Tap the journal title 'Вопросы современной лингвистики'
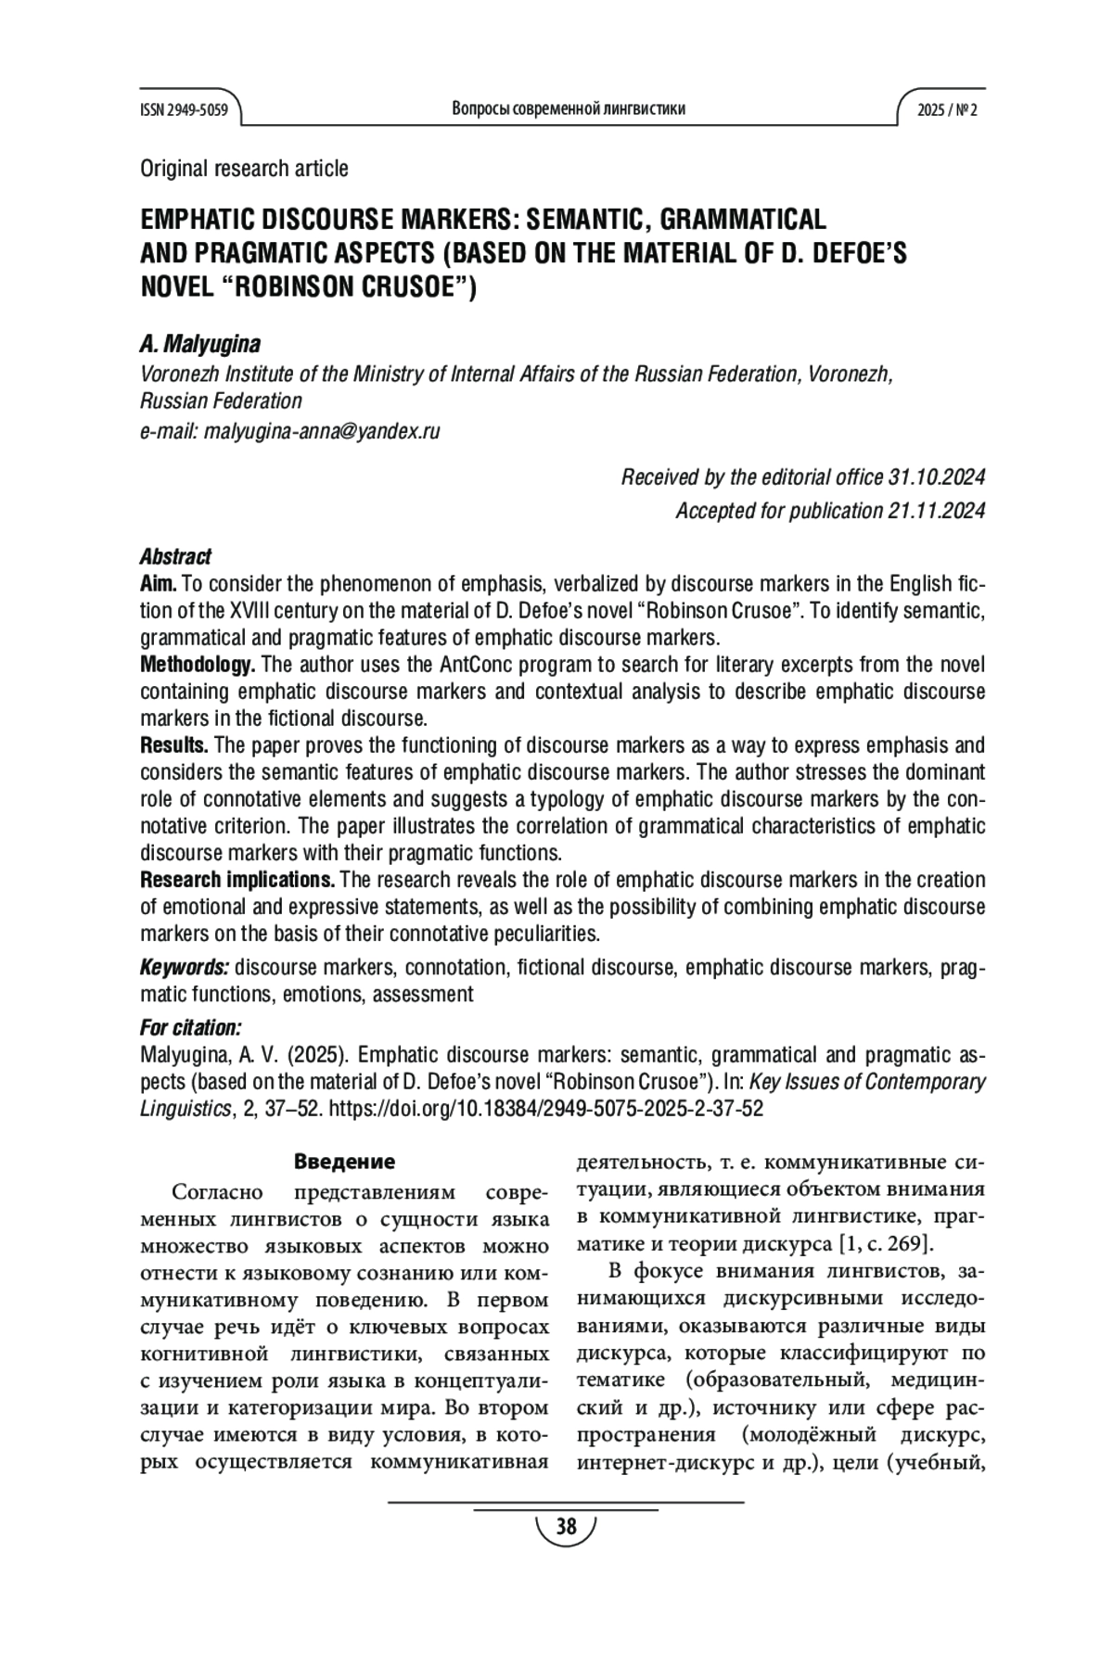[x=569, y=109]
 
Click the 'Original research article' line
[x=244, y=169]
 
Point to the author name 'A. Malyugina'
[x=199, y=344]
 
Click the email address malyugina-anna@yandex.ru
[x=321, y=431]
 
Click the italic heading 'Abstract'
[x=175, y=556]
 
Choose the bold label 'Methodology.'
[x=197, y=665]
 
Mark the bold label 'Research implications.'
[x=237, y=880]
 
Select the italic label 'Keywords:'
[x=184, y=968]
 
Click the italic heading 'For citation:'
[x=190, y=1028]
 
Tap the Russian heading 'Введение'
[x=344, y=1162]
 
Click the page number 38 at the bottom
[x=565, y=1526]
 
